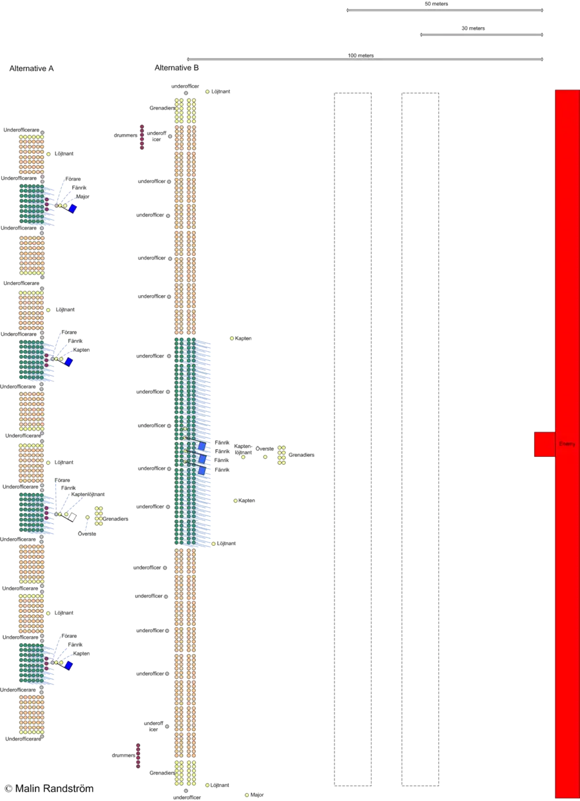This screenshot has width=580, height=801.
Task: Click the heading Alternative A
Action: [31, 69]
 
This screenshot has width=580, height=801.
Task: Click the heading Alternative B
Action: [177, 68]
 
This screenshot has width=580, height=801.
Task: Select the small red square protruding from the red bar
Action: [543, 444]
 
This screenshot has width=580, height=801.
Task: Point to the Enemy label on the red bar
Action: [566, 444]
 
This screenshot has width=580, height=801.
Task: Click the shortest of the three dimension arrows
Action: [482, 35]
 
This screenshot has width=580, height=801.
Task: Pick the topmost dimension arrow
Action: [445, 10]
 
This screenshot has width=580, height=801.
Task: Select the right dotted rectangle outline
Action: [421, 439]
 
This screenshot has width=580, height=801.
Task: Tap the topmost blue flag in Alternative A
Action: [73, 209]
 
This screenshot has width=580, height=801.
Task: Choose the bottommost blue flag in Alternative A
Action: [69, 665]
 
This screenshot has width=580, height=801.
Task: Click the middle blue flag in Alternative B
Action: [202, 458]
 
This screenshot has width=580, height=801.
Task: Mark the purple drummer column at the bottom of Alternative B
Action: [138, 758]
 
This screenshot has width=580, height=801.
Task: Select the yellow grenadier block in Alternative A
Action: [98, 516]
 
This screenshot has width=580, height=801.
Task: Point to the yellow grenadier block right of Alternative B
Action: [282, 455]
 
